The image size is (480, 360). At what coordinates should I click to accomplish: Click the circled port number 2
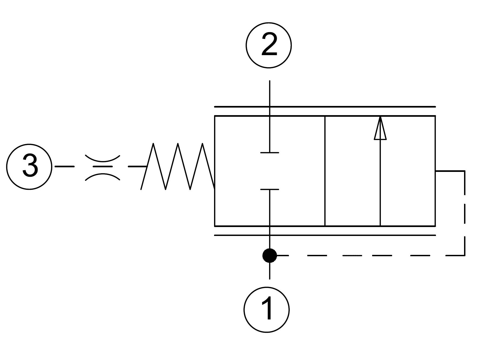click(x=269, y=45)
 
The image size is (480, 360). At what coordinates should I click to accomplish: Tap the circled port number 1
click(x=267, y=309)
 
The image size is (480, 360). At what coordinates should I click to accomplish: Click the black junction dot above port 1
click(x=269, y=255)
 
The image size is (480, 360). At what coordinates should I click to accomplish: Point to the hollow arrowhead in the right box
click(x=380, y=128)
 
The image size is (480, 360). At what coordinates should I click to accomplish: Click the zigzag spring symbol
click(x=178, y=166)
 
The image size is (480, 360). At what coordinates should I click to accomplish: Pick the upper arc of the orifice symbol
click(x=102, y=158)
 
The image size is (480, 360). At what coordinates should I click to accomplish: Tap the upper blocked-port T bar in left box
click(x=269, y=153)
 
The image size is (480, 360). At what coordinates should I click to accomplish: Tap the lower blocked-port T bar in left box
click(x=269, y=190)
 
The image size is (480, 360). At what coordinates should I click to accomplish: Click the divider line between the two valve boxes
click(x=325, y=171)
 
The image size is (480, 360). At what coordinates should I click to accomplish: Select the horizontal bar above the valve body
click(x=325, y=107)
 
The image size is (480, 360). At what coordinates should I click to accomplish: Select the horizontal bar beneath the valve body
click(x=325, y=235)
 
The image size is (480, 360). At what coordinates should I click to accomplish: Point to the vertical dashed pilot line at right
click(x=464, y=214)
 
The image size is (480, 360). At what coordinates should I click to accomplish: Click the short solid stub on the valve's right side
click(x=450, y=171)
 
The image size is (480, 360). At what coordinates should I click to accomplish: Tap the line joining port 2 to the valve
click(x=269, y=116)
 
